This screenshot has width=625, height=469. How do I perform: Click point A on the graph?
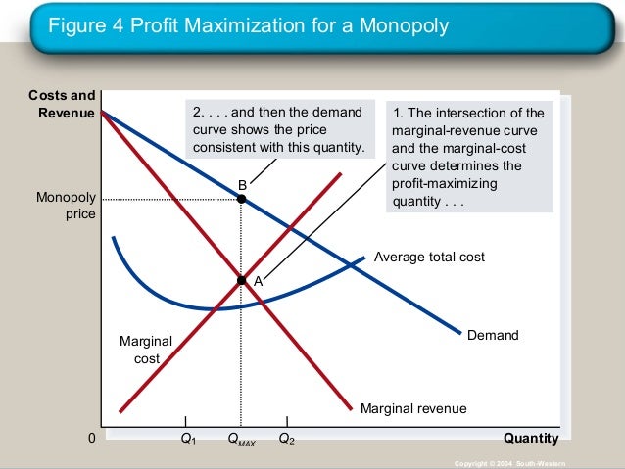click(x=241, y=280)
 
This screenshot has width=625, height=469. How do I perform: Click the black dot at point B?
click(x=241, y=199)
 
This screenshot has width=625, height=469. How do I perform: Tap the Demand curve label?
click(x=493, y=335)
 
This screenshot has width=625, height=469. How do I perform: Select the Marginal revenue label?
click(x=413, y=408)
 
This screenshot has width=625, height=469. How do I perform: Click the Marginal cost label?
click(x=145, y=350)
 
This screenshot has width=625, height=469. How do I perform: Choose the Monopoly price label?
click(x=67, y=206)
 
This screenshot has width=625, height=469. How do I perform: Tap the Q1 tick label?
click(x=188, y=439)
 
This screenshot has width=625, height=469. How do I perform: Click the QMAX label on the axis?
click(x=241, y=440)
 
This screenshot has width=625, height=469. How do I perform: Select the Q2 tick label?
click(x=286, y=439)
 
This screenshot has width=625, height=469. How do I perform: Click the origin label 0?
click(x=92, y=439)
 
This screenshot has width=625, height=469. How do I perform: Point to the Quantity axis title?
click(x=531, y=438)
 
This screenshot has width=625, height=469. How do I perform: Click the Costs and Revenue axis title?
click(x=63, y=104)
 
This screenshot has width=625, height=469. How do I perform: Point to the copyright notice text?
click(x=510, y=461)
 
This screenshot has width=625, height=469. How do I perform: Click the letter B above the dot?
click(x=242, y=185)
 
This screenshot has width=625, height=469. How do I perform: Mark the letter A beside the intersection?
click(x=258, y=281)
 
